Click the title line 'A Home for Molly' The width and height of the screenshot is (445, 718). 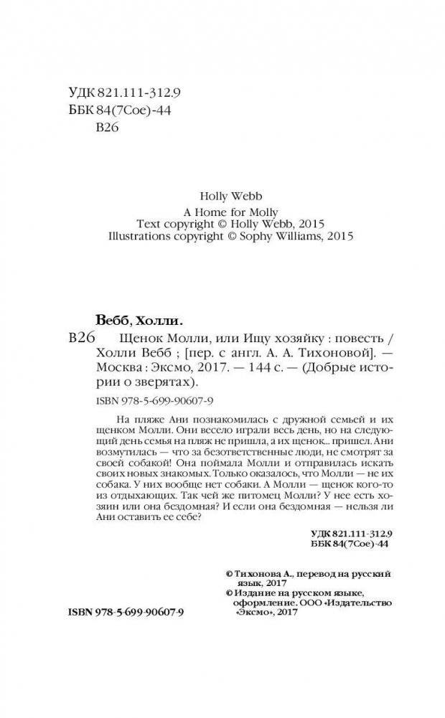(x=222, y=209)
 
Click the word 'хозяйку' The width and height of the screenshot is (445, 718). (x=280, y=339)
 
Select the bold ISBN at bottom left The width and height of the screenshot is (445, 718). (x=126, y=615)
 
